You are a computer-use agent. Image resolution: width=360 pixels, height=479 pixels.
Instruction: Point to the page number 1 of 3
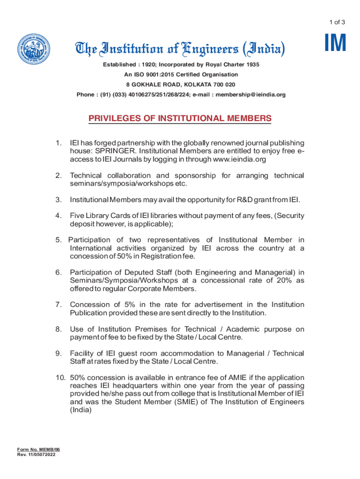337,22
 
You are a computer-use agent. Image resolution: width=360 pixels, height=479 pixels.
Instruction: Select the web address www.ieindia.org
239,160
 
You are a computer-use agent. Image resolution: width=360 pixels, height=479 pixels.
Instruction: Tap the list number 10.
60,377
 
